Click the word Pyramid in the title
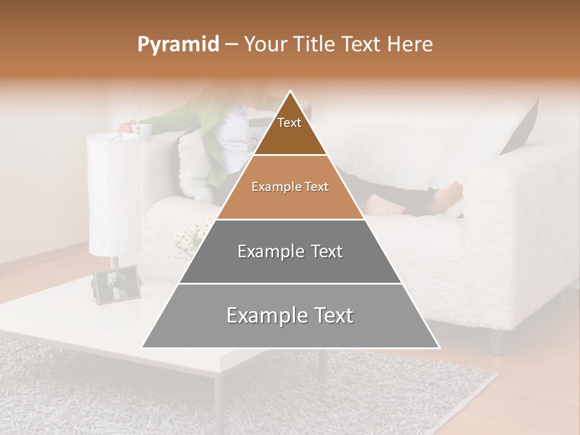178,45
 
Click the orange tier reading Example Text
290,187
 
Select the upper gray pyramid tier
290,251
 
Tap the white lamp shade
113,193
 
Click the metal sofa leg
497,341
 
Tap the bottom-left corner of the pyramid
142,348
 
